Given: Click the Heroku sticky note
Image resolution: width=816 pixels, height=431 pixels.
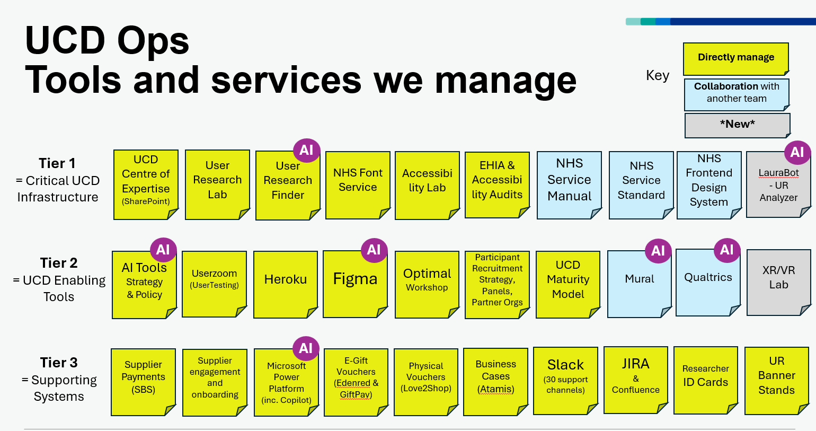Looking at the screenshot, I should [286, 284].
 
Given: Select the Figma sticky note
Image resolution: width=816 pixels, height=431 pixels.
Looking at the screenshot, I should [355, 284].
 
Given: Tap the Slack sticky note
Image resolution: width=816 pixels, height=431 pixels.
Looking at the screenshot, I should [565, 380].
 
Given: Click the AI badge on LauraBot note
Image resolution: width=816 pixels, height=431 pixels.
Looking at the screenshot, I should [797, 153].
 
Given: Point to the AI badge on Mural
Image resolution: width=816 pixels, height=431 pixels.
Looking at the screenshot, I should [658, 251].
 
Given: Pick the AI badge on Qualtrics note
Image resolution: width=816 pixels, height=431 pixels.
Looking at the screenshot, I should [727, 250].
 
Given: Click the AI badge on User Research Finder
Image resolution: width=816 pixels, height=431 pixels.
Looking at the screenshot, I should [306, 151].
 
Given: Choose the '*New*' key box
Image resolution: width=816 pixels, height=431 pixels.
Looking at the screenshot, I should [737, 125].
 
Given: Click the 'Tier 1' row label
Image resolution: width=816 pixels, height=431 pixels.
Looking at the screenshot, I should [57, 163].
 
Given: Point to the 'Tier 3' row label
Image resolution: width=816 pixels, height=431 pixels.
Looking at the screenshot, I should [59, 363].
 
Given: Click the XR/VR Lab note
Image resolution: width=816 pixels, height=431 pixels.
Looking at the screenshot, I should [778, 283].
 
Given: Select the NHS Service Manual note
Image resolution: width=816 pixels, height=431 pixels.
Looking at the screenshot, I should [569, 184].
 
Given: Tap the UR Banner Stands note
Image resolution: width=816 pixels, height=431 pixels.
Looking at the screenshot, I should [776, 380].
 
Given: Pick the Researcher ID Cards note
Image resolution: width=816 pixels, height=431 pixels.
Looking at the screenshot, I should [705, 380].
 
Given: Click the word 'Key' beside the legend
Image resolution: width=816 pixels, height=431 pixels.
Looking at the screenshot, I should [658, 75].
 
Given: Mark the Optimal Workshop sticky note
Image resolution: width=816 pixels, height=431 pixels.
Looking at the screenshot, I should [427, 284].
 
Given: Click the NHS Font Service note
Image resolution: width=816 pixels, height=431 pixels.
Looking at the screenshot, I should [358, 184].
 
